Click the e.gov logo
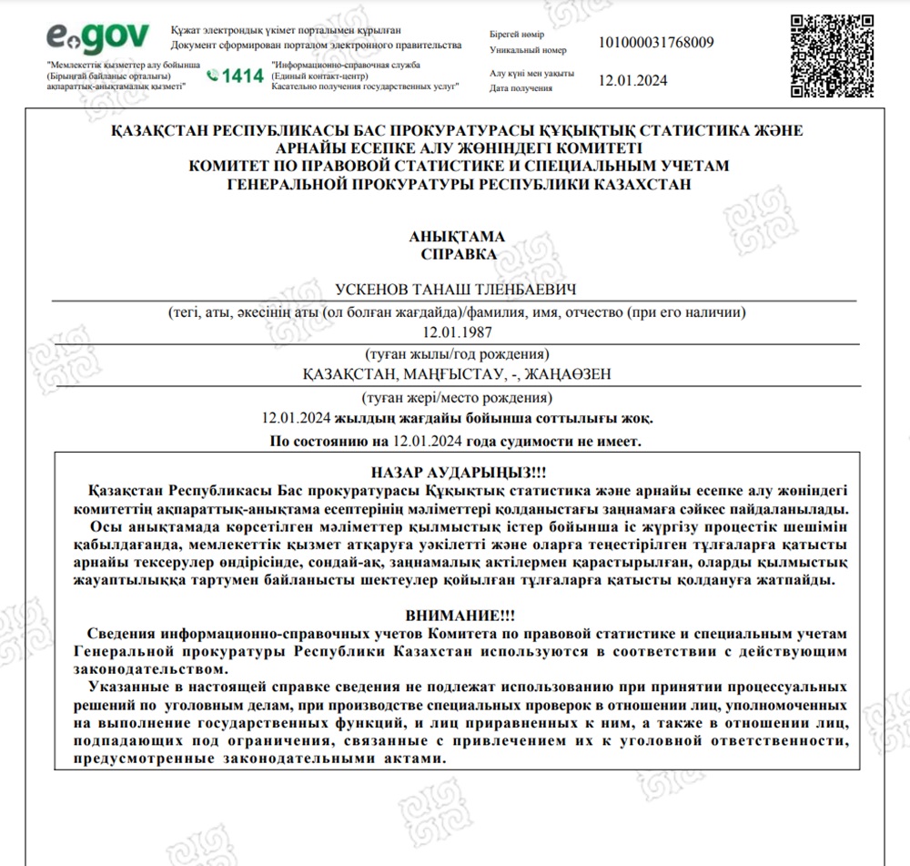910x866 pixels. [x=97, y=37]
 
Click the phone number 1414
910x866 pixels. [x=242, y=76]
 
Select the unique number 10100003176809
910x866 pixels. [x=656, y=42]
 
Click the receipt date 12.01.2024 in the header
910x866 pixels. [x=632, y=80]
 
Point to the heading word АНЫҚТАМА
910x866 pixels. [x=459, y=237]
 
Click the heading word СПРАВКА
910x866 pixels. [x=459, y=254]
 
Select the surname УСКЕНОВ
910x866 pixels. [x=375, y=290]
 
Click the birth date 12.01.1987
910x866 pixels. [x=458, y=332]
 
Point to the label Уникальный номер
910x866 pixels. [x=528, y=50]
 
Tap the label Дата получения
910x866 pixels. [x=521, y=88]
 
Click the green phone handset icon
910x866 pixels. [x=213, y=76]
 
